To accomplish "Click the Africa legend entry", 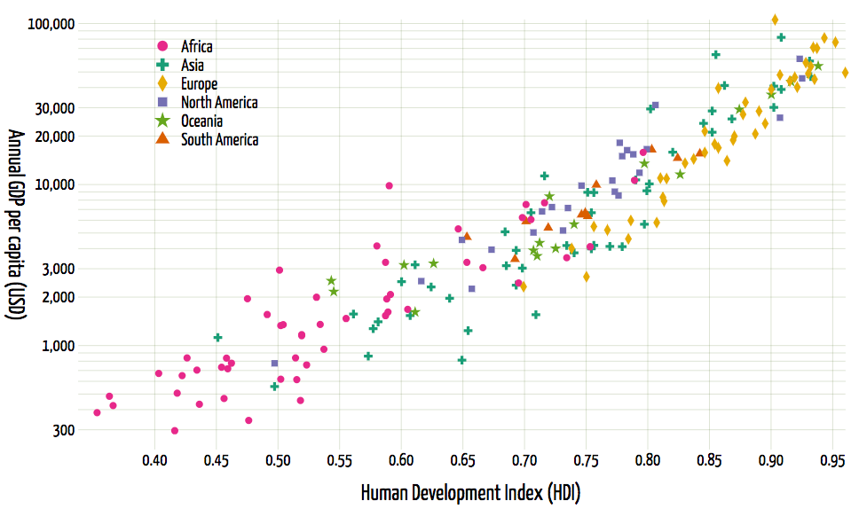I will pyautogui.click(x=196, y=46).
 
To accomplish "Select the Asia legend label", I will pyautogui.click(x=192, y=65).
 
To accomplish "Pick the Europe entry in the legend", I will pyautogui.click(x=199, y=83).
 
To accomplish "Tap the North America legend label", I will pyautogui.click(x=219, y=102).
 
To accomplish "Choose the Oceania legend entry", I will pyautogui.click(x=201, y=121).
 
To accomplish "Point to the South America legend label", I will pyautogui.click(x=219, y=139).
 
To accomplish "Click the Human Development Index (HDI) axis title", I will pyautogui.click(x=470, y=492).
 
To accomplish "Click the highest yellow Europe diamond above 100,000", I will pyautogui.click(x=775, y=20).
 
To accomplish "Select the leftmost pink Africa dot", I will pyautogui.click(x=97, y=412).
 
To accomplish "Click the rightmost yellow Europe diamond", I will pyautogui.click(x=845, y=73).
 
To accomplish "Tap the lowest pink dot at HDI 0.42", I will pyautogui.click(x=175, y=431).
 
